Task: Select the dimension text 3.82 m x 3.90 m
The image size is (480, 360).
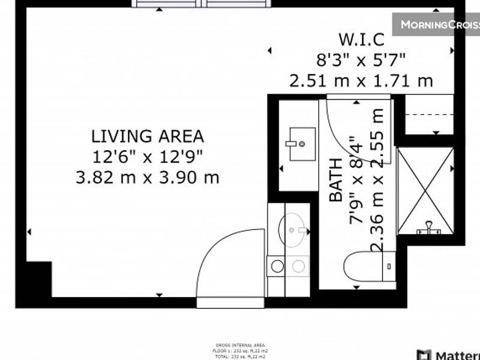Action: coord(147,178)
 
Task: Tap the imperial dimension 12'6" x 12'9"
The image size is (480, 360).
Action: coord(147,157)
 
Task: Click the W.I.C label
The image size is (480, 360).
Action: coord(361,40)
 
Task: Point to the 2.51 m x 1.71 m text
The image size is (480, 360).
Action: coord(361,80)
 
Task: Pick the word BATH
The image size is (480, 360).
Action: coord(337,179)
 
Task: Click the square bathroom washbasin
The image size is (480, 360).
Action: coord(302,143)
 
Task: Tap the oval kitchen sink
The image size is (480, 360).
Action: coord(293,229)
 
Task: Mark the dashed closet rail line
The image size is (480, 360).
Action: coord(429,115)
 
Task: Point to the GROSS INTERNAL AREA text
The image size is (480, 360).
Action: coord(239,345)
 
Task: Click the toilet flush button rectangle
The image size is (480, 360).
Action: coord(389,265)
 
